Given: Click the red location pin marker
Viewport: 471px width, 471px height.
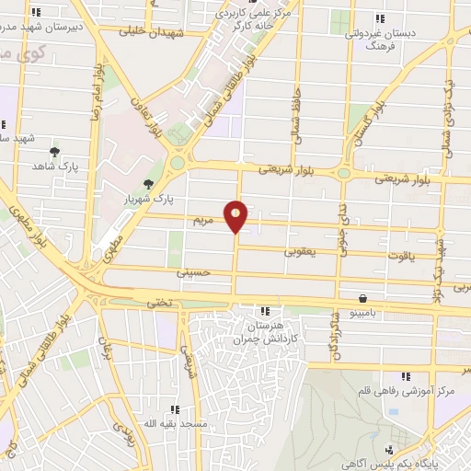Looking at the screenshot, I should [236, 216].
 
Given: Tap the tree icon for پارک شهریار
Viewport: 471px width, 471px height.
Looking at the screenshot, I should [150, 184].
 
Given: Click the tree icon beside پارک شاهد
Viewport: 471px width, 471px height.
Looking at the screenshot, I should [54, 151].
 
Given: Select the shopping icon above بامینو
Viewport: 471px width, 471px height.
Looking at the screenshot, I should [365, 299].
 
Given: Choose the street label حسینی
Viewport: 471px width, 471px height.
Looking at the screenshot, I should [194, 273].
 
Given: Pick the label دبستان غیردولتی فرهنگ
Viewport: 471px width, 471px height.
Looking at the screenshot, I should [380, 39].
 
